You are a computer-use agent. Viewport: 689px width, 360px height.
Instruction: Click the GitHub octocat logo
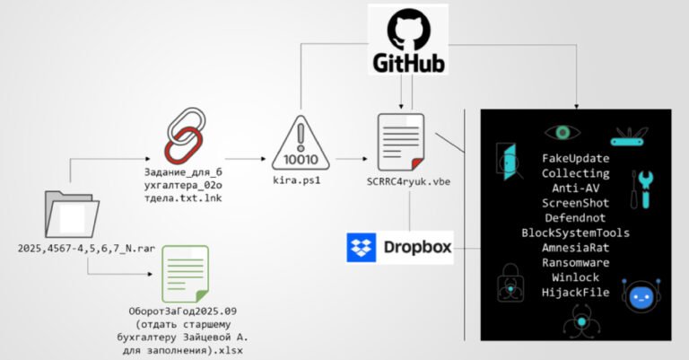pos(409,30)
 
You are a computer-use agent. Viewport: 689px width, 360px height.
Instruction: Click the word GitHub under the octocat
pos(409,62)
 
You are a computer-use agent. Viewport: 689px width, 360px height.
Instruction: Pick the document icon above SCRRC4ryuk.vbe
pos(399,140)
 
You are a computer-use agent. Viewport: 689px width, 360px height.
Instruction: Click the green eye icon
pos(563,133)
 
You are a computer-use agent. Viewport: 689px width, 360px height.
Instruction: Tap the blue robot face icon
pos(641,297)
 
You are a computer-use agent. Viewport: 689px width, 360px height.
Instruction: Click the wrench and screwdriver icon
pos(643,188)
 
